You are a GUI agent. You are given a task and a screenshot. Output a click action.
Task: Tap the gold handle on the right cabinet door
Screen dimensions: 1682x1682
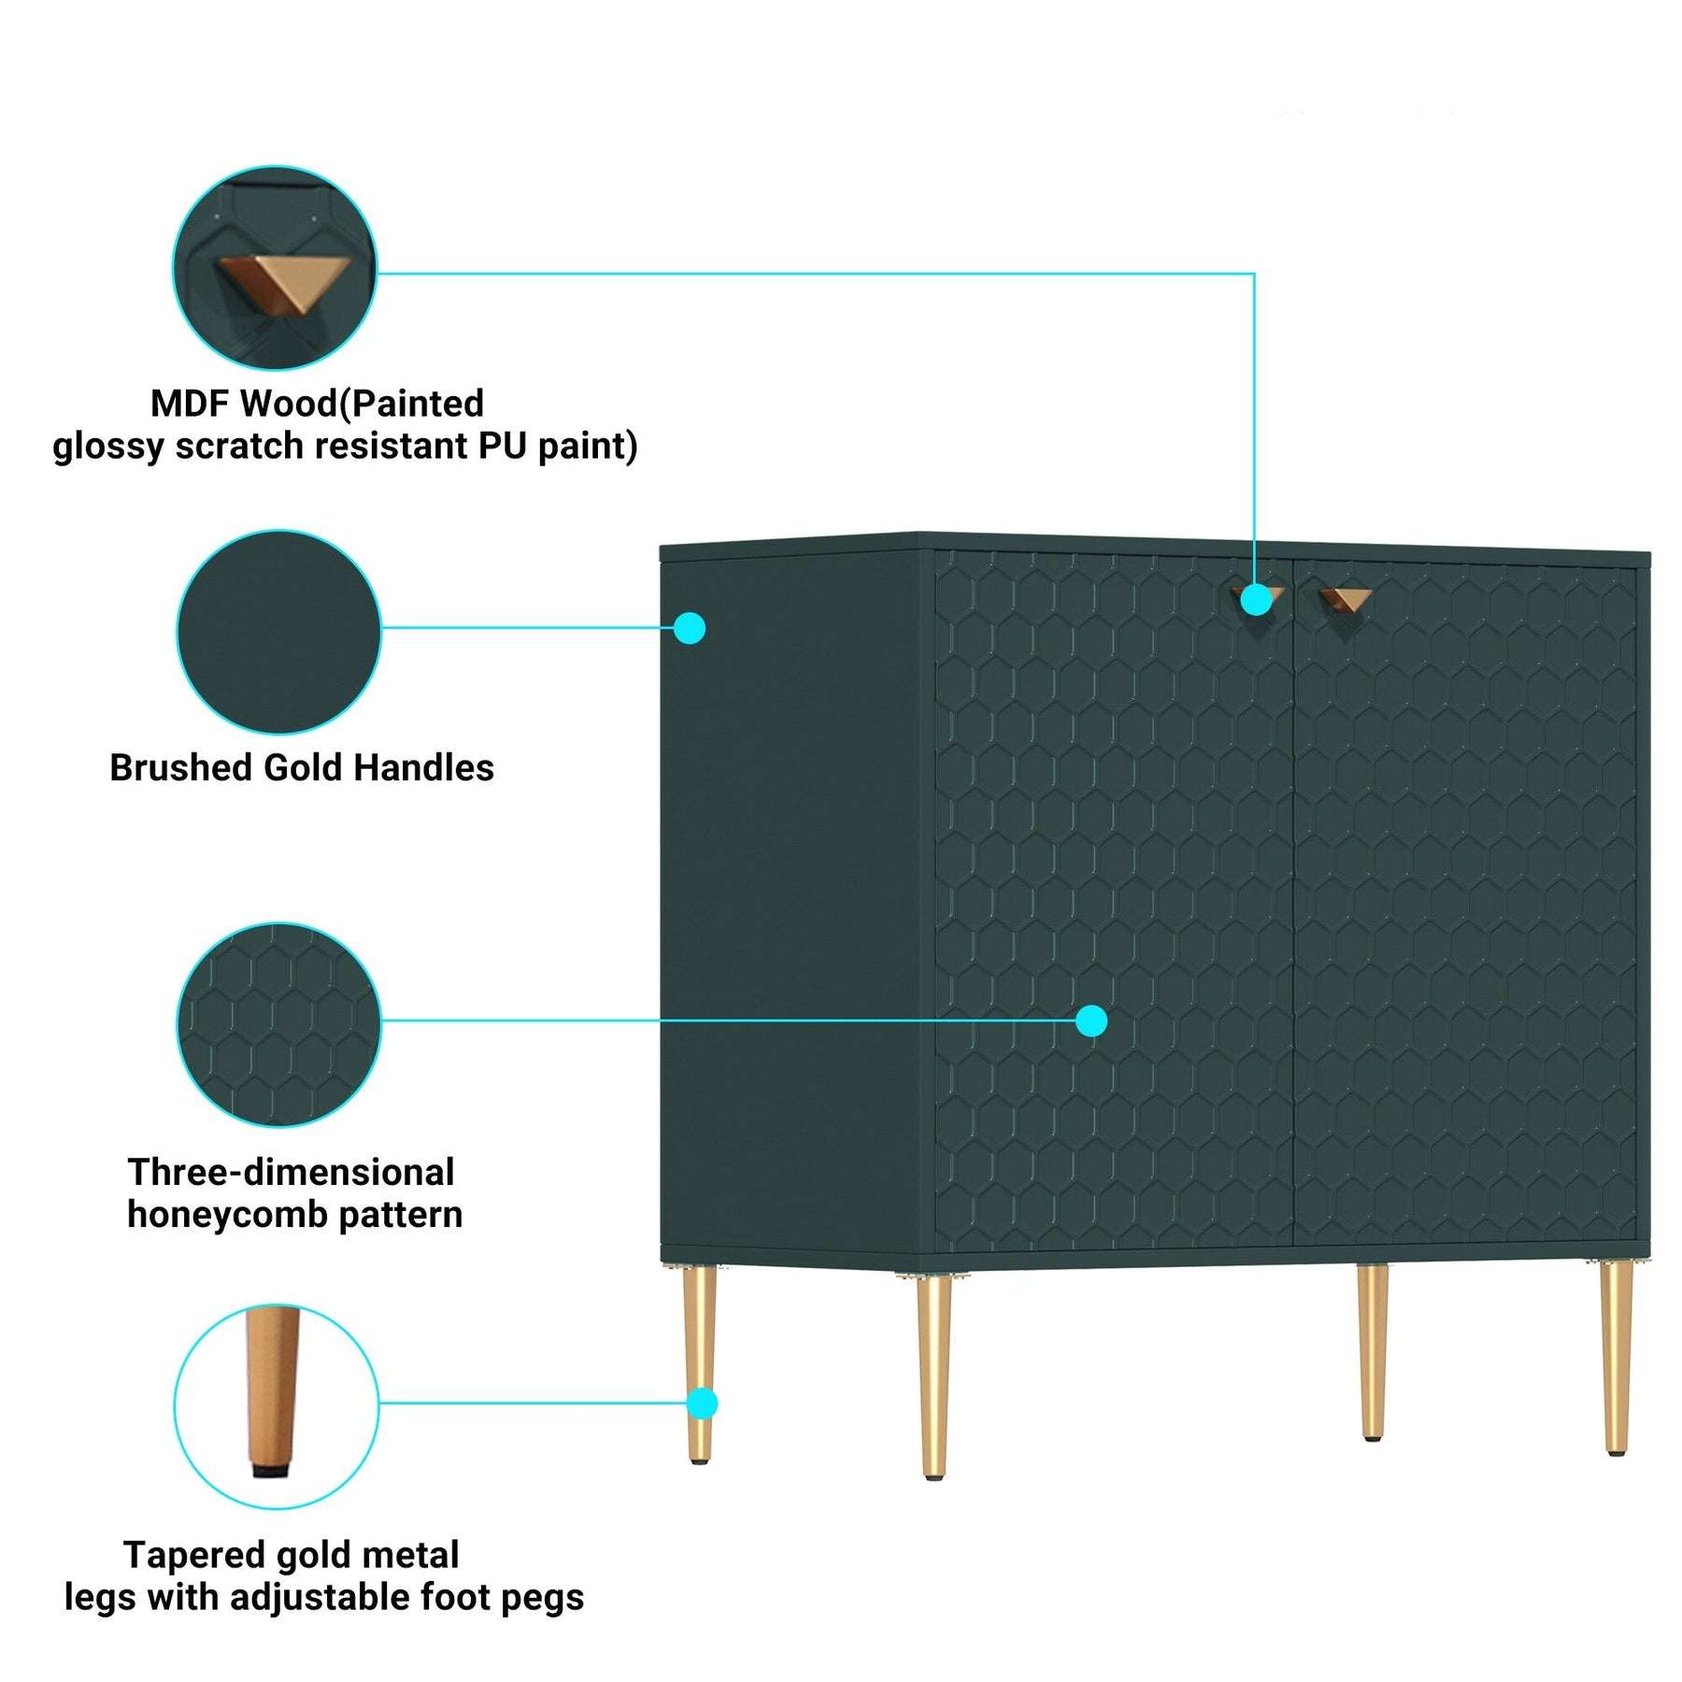click(x=1346, y=598)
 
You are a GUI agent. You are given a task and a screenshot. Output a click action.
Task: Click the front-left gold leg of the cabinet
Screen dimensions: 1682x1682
click(x=934, y=1374)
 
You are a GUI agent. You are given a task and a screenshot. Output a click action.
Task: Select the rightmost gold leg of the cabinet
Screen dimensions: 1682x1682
click(x=1616, y=1355)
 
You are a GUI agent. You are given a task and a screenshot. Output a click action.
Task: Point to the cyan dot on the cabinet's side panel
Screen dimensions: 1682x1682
click(x=690, y=628)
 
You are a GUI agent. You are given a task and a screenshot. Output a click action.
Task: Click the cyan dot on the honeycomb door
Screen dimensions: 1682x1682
click(x=1091, y=1020)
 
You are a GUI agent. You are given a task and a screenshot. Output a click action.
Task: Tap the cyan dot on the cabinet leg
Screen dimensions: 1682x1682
click(x=702, y=1404)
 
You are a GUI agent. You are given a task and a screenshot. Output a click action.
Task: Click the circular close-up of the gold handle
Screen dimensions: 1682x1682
click(x=275, y=269)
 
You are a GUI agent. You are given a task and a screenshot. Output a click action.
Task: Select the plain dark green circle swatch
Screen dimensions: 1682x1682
click(x=278, y=632)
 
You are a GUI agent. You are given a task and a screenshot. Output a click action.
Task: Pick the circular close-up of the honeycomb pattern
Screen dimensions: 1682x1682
click(x=278, y=1024)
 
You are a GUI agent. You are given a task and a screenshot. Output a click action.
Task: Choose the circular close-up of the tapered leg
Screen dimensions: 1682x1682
click(x=277, y=1405)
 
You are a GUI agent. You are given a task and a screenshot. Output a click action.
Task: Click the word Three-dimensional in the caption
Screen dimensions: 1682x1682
click(x=291, y=1172)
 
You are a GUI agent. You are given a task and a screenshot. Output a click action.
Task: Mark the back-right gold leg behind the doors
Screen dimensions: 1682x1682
click(x=1372, y=1350)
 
